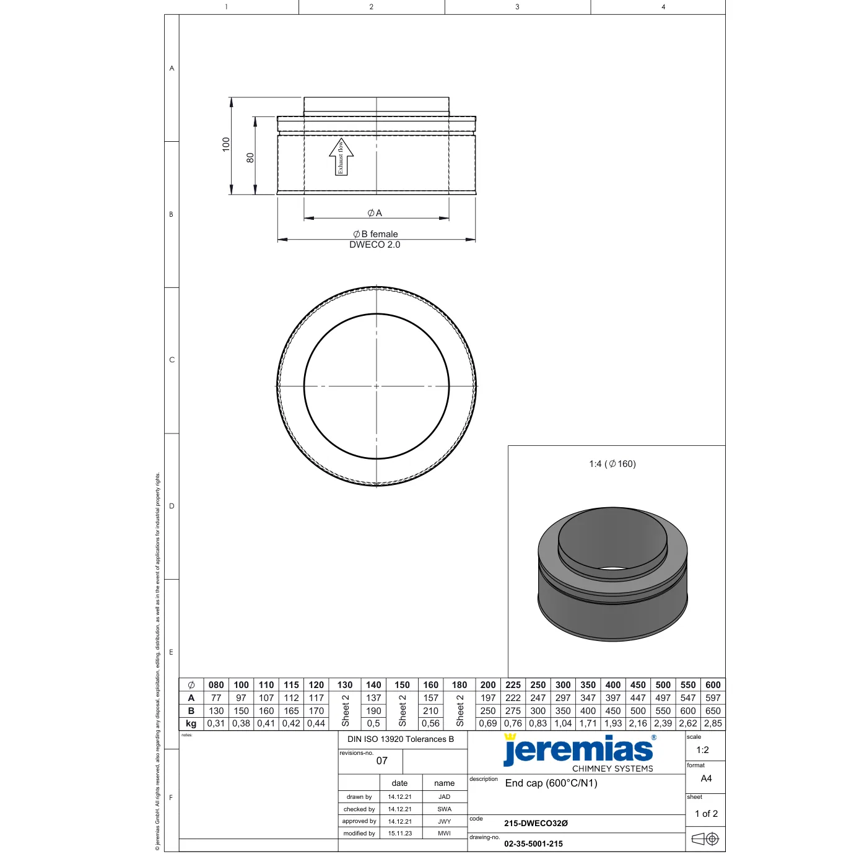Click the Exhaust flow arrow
341,157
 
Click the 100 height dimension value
226,144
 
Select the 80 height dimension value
250,157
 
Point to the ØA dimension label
374,213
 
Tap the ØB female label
375,234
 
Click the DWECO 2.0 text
375,245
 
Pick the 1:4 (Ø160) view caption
612,464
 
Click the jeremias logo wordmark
578,750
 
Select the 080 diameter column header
216,685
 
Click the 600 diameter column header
713,685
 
